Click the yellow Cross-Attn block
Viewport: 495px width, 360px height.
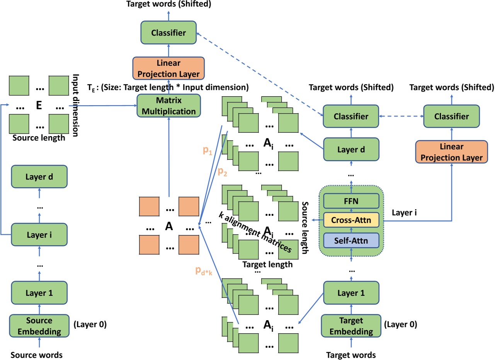click(x=351, y=220)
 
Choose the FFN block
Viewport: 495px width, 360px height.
click(x=351, y=201)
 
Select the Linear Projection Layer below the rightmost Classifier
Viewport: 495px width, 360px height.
click(x=452, y=152)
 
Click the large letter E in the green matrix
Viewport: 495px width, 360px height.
click(x=39, y=105)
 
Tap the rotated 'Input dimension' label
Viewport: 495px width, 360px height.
click(x=76, y=105)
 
